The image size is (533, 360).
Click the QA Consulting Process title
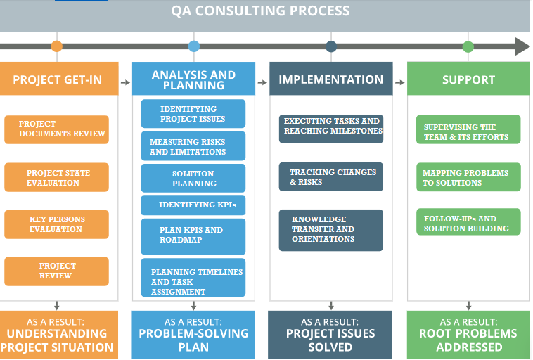[x=260, y=11]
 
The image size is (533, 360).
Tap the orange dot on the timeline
[x=57, y=46]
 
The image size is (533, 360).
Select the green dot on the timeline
[x=468, y=46]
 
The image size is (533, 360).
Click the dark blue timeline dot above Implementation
[x=331, y=46]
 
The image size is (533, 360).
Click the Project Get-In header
[x=57, y=79]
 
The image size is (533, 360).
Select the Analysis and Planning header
[x=193, y=79]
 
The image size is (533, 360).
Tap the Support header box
[x=468, y=79]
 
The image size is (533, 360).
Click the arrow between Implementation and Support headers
[x=399, y=82]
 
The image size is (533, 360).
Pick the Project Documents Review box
[x=57, y=129]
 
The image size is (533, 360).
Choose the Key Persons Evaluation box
[x=57, y=224]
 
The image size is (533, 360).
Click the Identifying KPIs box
[x=193, y=205]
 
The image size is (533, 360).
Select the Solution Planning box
[x=193, y=179]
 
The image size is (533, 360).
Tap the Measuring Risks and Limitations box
[x=193, y=146]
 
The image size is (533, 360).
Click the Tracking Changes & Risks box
[x=331, y=177]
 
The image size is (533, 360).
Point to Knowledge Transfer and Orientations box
[x=331, y=230]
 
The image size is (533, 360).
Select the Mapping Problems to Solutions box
[x=468, y=177]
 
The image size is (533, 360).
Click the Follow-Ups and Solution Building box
[x=468, y=223]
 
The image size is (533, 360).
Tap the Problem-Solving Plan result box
[x=193, y=335]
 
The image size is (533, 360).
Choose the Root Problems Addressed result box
[x=468, y=335]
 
